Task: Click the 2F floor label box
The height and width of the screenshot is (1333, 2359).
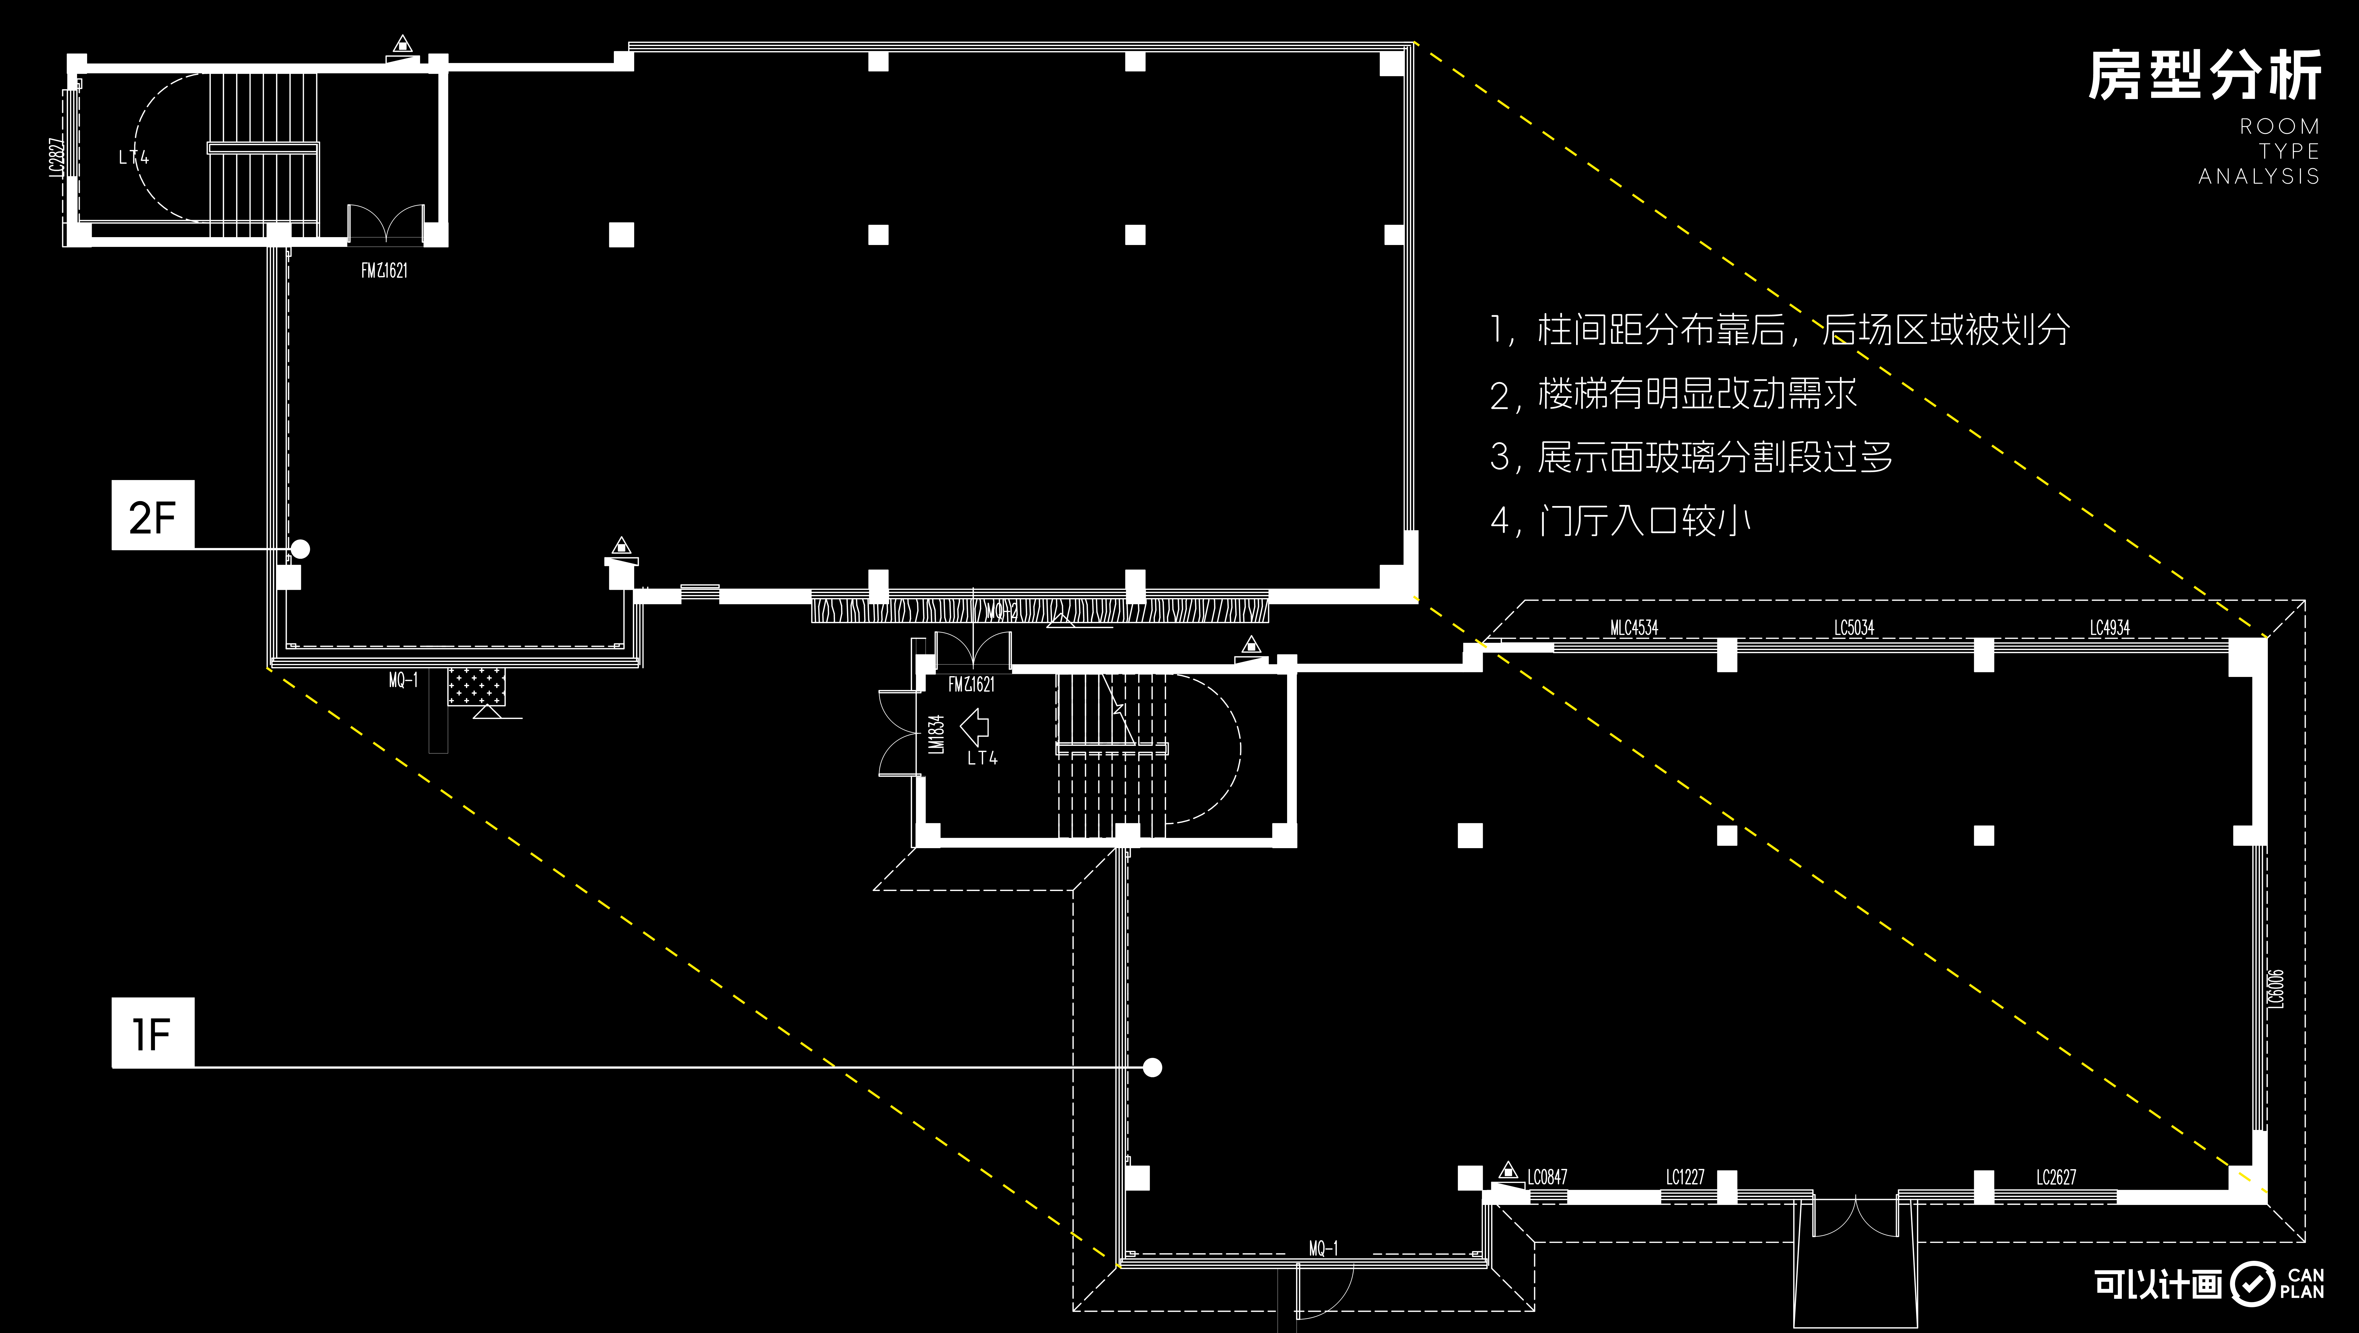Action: pyautogui.click(x=153, y=516)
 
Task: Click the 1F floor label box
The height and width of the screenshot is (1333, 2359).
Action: pyautogui.click(x=153, y=1033)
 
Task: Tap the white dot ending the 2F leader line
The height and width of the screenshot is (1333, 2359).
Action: pyautogui.click(x=300, y=549)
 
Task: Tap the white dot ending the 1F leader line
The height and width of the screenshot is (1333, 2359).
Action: pyautogui.click(x=1153, y=1067)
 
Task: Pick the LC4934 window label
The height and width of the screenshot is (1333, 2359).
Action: pyautogui.click(x=2110, y=628)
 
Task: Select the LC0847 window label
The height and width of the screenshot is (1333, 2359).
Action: pyautogui.click(x=1548, y=1177)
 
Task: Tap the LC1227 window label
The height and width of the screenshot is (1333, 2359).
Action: pyautogui.click(x=1685, y=1177)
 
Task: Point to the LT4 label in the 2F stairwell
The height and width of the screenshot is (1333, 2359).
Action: pyautogui.click(x=134, y=157)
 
